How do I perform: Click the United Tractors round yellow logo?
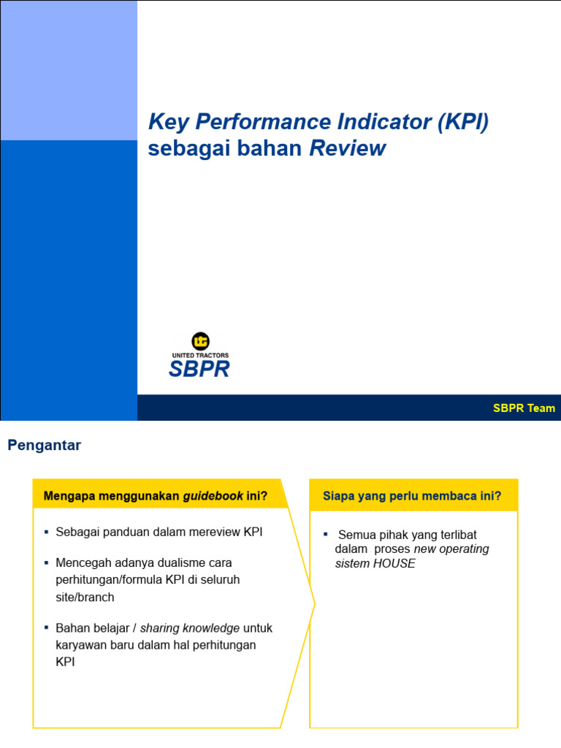click(199, 341)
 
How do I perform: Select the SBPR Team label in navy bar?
click(524, 408)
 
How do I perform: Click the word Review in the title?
click(347, 148)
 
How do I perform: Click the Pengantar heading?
click(44, 446)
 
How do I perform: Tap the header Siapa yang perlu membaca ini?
click(412, 497)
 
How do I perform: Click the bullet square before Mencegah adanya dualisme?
click(46, 563)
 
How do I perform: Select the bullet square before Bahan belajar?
click(46, 628)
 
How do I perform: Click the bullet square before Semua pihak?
click(326, 535)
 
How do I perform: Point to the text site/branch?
click(85, 597)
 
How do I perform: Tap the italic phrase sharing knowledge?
click(190, 628)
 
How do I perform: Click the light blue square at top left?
click(68, 70)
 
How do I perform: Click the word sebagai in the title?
click(184, 148)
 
